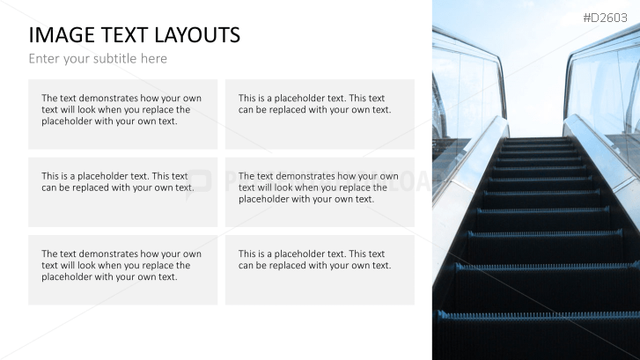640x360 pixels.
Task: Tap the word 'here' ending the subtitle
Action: pos(153,58)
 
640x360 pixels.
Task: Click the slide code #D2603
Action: pos(605,18)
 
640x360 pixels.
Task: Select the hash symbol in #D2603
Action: pos(587,18)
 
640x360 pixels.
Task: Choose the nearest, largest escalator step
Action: pos(537,335)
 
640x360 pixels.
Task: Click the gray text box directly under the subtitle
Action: pos(123,114)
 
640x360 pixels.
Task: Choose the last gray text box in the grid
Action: pos(320,270)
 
